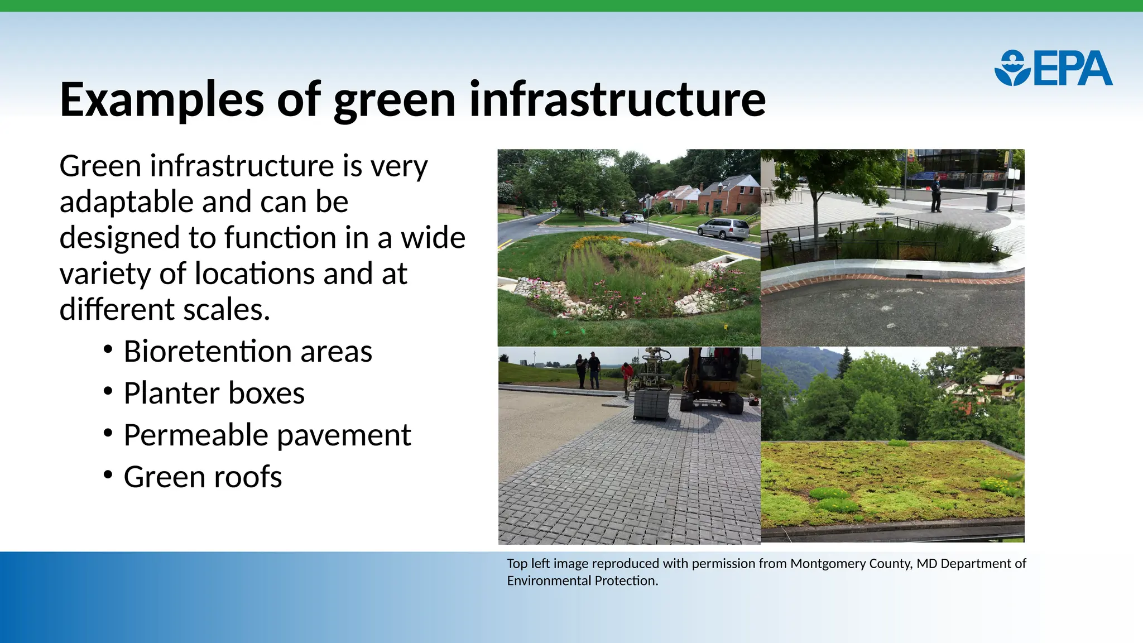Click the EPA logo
click(1053, 68)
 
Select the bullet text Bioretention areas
click(247, 352)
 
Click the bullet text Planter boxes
click(214, 394)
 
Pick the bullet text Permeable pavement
click(267, 435)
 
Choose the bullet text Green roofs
click(203, 477)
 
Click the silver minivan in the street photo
click(723, 228)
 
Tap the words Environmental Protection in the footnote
click(582, 581)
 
